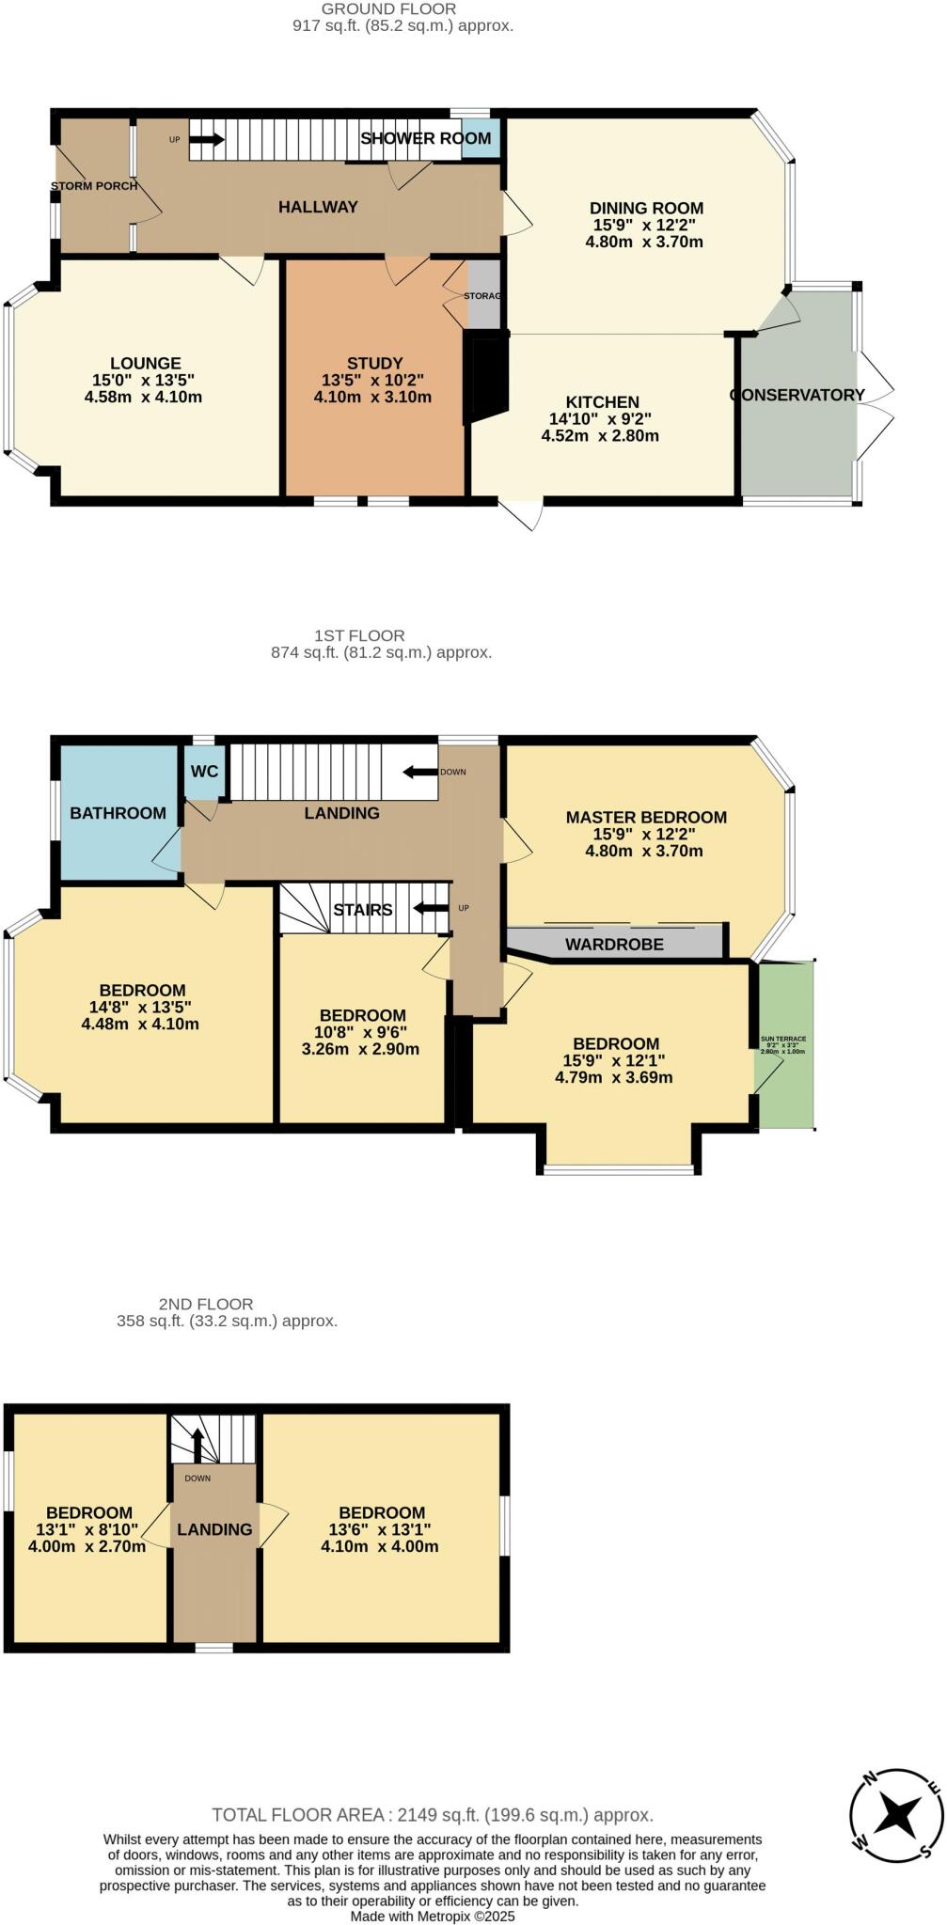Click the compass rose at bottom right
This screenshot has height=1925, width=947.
click(895, 1814)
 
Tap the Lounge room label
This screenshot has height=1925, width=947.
click(145, 364)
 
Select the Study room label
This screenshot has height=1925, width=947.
click(374, 364)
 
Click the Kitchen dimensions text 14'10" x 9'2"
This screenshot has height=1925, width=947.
click(600, 419)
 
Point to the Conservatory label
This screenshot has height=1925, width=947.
click(797, 395)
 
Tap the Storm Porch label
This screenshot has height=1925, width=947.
click(94, 186)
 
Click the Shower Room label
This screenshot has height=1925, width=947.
click(425, 138)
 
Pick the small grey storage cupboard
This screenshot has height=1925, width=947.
click(483, 295)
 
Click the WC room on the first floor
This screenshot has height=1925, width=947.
click(204, 772)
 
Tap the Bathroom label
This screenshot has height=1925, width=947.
click(118, 813)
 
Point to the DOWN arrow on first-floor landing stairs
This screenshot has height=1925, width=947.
click(420, 773)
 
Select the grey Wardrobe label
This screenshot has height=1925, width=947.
click(614, 945)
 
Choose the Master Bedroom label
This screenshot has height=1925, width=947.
click(646, 818)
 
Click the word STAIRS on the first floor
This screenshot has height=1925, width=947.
click(363, 910)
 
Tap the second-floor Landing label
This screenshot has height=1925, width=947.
click(214, 1529)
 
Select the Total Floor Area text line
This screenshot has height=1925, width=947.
click(433, 1815)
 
